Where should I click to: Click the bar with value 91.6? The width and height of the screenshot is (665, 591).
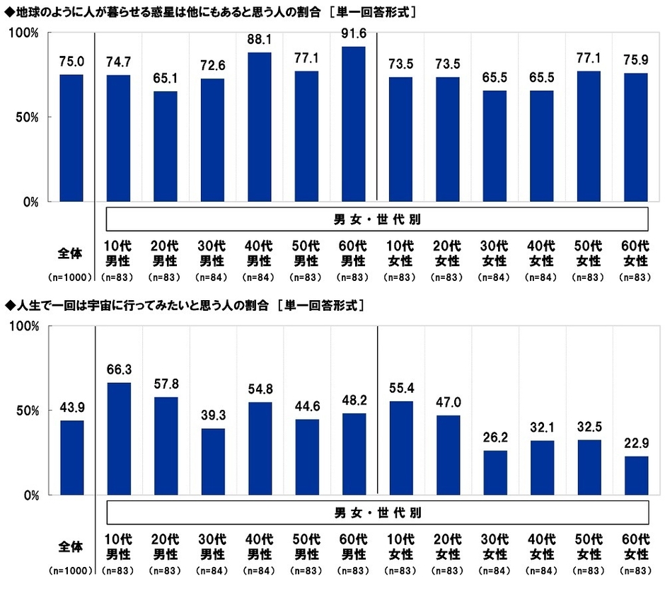pyautogui.click(x=354, y=125)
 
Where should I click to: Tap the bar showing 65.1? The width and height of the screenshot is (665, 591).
pyautogui.click(x=166, y=147)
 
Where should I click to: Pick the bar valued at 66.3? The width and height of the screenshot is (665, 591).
pyautogui.click(x=119, y=439)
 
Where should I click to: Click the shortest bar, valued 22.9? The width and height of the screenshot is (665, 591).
pyautogui.click(x=637, y=476)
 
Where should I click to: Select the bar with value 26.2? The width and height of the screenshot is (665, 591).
pyautogui.click(x=495, y=473)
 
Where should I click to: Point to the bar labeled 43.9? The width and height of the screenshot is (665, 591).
pyautogui.click(x=71, y=458)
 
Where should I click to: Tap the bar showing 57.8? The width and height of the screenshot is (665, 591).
pyautogui.click(x=166, y=446)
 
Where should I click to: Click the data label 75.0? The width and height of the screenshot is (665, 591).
pyautogui.click(x=71, y=62)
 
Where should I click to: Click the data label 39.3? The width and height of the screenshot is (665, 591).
pyautogui.click(x=213, y=415)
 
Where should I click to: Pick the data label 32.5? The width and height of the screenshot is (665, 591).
pyautogui.click(x=589, y=426)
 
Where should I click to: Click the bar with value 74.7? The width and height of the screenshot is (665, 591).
pyautogui.click(x=119, y=139)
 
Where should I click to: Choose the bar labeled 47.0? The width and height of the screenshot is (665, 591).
pyautogui.click(x=449, y=455)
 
